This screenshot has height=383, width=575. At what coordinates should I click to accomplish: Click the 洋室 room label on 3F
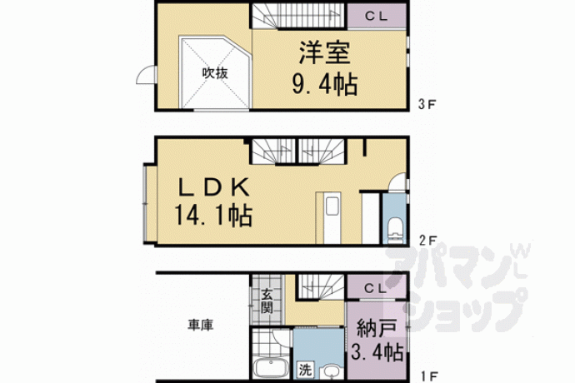point(325,53)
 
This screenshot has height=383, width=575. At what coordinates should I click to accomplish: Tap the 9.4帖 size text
point(325,85)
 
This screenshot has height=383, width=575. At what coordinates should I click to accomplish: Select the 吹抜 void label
point(215,73)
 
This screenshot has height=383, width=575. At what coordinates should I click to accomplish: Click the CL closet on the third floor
point(377,16)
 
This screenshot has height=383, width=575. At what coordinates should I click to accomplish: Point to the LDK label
point(214,187)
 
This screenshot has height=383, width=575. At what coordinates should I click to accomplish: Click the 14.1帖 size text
point(213,216)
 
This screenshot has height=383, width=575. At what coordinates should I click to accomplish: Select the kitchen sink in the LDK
point(333,206)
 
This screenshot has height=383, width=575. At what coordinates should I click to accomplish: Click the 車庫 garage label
point(201,325)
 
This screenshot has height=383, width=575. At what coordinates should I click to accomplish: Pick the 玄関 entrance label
point(267,301)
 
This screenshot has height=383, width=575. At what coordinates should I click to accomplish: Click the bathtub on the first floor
point(271,368)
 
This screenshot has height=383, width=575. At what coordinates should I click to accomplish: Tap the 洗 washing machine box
point(305,370)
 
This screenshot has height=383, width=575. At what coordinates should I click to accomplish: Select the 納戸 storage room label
point(377,328)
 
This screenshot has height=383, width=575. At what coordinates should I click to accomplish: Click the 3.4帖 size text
point(377,352)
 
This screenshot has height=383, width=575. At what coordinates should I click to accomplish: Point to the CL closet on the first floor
point(377,288)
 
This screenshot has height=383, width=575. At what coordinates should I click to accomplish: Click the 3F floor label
point(427,104)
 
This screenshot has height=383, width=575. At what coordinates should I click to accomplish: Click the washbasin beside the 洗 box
point(332,371)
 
